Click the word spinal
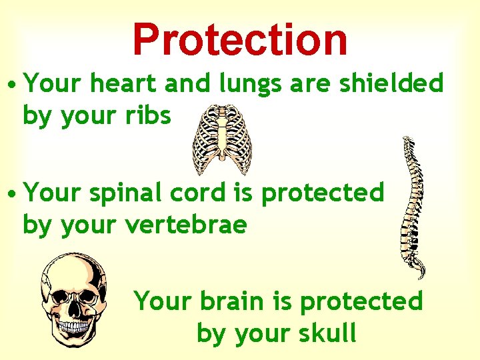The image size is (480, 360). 122,193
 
